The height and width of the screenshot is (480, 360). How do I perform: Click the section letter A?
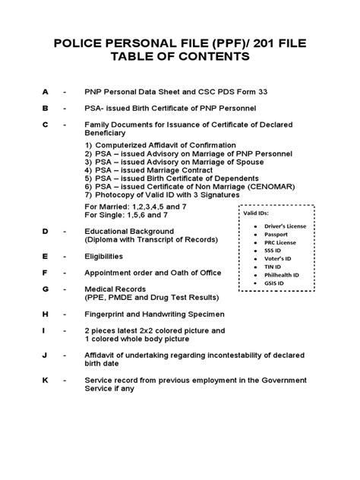point(45,91)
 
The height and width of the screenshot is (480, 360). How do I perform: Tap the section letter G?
point(45,289)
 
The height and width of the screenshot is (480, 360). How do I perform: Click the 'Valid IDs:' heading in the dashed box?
point(256,213)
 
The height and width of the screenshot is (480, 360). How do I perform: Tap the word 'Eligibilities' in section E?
point(108,257)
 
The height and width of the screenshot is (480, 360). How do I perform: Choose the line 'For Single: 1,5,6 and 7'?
point(126,216)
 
